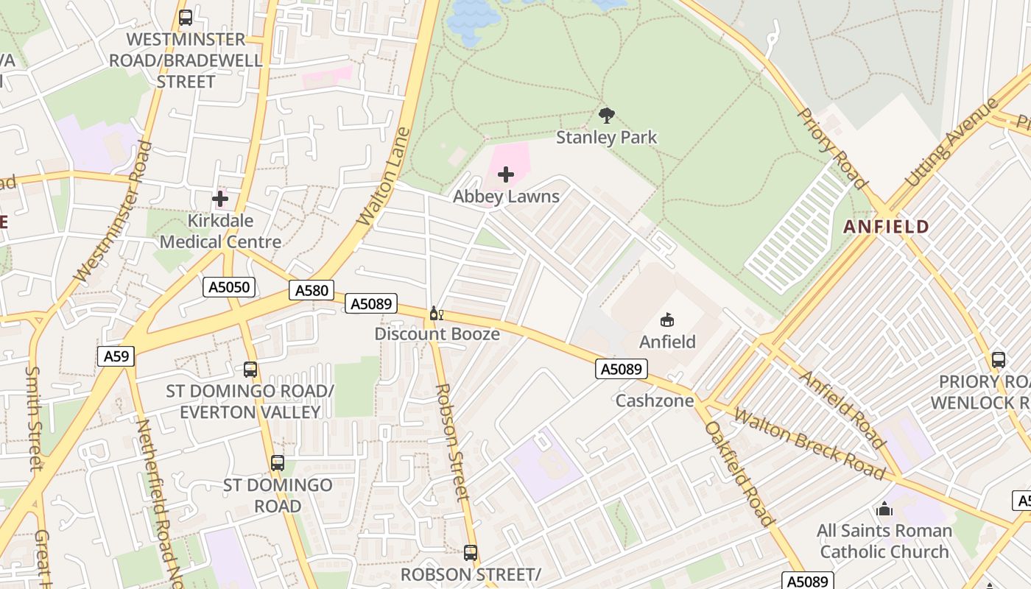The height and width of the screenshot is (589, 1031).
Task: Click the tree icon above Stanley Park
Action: pyautogui.click(x=607, y=115)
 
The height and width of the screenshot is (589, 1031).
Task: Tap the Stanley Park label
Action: pyautogui.click(x=607, y=138)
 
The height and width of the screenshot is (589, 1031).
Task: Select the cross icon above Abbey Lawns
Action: pyautogui.click(x=506, y=174)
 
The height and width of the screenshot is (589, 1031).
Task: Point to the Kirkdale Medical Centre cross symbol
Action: pyautogui.click(x=219, y=198)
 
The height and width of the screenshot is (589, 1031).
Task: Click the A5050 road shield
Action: pyautogui.click(x=229, y=287)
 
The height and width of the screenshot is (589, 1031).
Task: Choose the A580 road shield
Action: pyautogui.click(x=312, y=290)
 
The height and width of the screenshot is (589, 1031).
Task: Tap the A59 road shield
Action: pyautogui.click(x=116, y=356)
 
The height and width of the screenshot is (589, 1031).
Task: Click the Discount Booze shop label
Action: pyautogui.click(x=437, y=334)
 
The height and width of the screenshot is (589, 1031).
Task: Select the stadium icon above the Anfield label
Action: pyautogui.click(x=667, y=320)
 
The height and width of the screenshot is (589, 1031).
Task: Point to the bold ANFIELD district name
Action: pyautogui.click(x=886, y=227)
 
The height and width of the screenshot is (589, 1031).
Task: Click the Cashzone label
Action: pyautogui.click(x=655, y=401)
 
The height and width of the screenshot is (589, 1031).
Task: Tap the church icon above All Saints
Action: pyautogui.click(x=884, y=509)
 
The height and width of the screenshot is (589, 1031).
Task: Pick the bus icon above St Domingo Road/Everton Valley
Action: pyautogui.click(x=250, y=370)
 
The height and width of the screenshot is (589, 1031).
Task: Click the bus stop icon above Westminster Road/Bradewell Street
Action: pyautogui.click(x=186, y=17)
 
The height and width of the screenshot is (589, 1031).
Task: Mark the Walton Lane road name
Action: pyautogui.click(x=383, y=177)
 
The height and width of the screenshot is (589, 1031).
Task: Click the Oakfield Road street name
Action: pyautogui.click(x=739, y=473)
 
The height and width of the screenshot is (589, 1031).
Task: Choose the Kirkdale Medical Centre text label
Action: pyautogui.click(x=220, y=231)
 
